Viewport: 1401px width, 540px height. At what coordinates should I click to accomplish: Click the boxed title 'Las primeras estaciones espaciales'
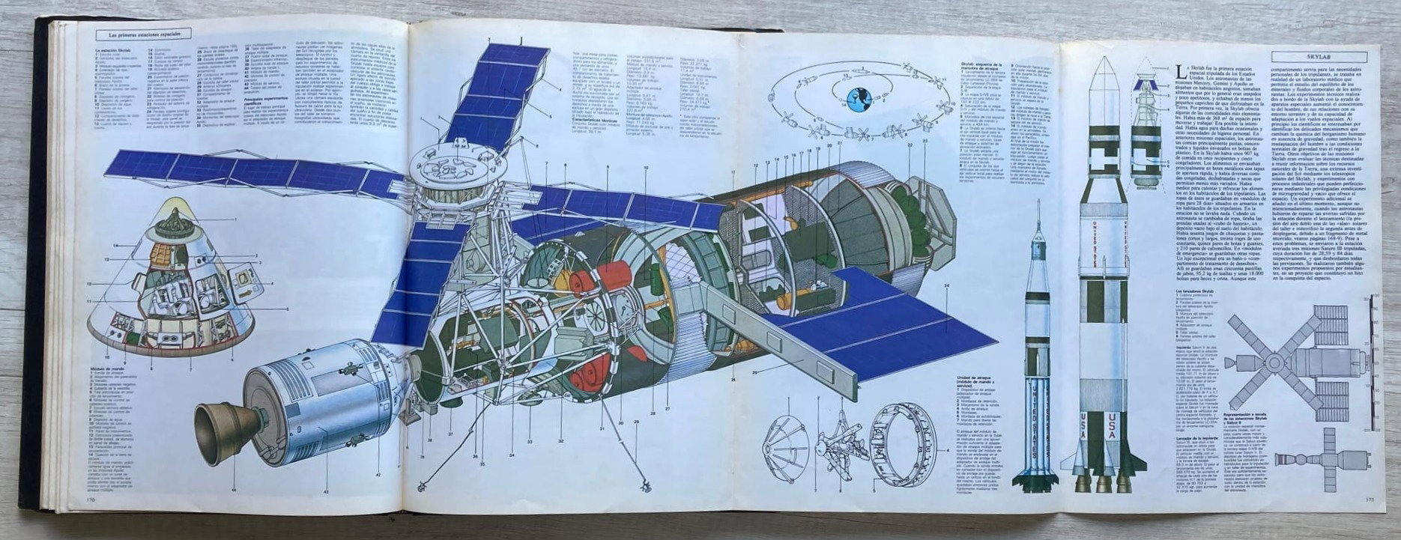click(145, 34)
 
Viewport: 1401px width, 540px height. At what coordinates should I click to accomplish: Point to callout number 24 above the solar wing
click(946, 286)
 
